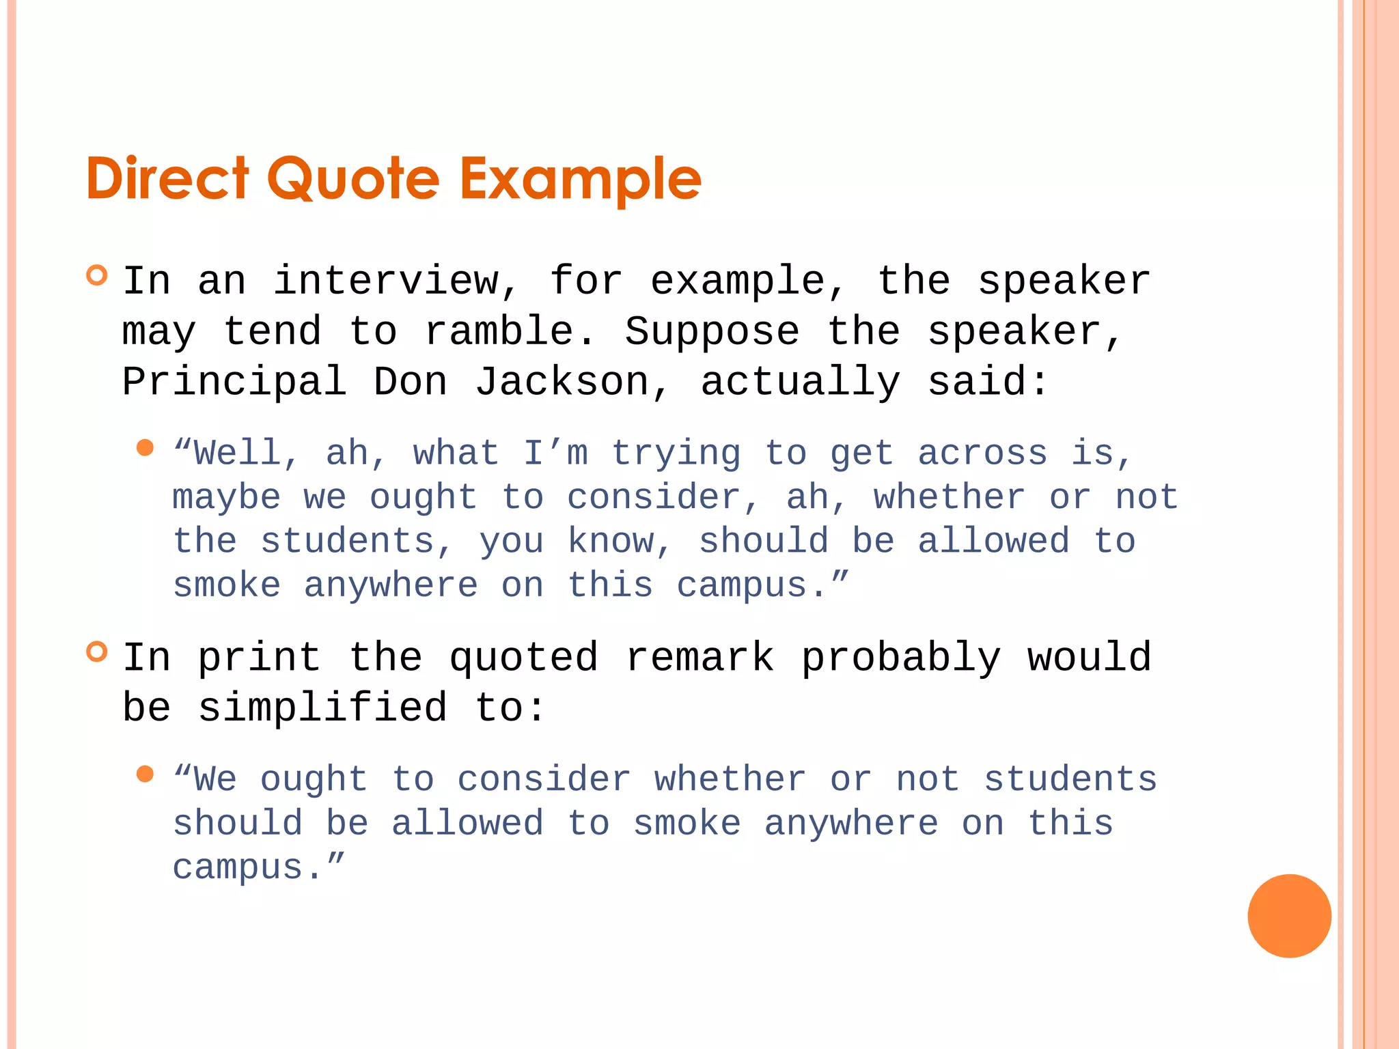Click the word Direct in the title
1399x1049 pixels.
167,179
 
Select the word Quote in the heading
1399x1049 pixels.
353,179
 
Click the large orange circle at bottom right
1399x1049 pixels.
1289,916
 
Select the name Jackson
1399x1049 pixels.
562,382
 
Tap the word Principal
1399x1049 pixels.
234,382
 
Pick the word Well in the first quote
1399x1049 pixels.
236,453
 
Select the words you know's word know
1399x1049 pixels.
611,542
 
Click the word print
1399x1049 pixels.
260,658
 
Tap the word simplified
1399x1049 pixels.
322,708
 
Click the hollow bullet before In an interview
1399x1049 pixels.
98,275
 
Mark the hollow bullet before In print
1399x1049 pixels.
98,652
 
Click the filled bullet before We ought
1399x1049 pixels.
145,774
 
